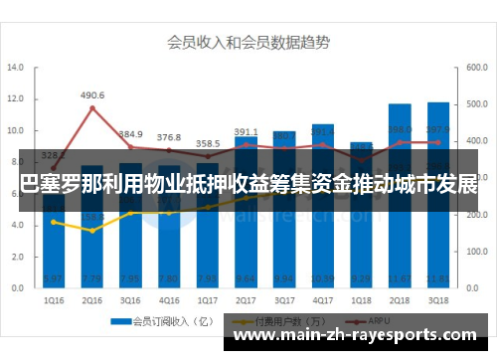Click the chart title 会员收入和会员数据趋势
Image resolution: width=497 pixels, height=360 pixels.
(248, 43)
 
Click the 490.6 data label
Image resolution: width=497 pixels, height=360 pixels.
(92, 95)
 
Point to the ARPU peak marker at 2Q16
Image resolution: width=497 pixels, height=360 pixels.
(92, 108)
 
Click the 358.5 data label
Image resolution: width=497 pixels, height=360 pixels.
(208, 143)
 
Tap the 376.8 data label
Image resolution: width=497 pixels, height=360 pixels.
(169, 137)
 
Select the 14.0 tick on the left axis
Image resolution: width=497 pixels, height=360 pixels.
(15, 69)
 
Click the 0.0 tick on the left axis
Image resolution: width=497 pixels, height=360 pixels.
(17, 288)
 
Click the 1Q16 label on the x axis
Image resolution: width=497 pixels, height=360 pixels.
(55, 300)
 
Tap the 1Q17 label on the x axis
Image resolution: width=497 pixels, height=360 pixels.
(208, 300)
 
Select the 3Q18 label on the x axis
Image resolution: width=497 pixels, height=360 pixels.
(437, 300)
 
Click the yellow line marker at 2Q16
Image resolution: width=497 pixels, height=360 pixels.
(92, 231)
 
